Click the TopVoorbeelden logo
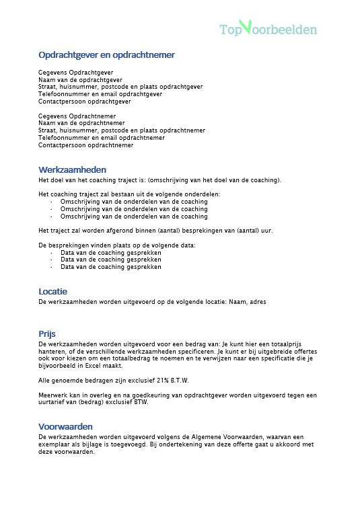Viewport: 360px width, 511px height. coord(268,29)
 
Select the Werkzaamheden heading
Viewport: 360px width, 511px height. coord(72,170)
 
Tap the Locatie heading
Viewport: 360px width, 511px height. coord(52,292)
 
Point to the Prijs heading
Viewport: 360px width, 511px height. coord(47,333)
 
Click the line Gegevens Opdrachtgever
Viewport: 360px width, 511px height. coord(75,72)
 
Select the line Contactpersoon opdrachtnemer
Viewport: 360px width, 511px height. coord(85,145)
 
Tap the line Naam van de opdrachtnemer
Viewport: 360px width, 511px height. coord(81,123)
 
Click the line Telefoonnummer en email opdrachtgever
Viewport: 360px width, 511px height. coord(100,94)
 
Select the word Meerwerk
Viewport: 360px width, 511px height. coord(52,395)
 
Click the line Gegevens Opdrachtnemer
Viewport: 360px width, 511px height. coord(77,116)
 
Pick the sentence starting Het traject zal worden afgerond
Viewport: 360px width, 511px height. coord(155,231)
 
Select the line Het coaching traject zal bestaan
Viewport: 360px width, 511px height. coord(129,194)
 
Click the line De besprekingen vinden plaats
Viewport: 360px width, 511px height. coord(116,245)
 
